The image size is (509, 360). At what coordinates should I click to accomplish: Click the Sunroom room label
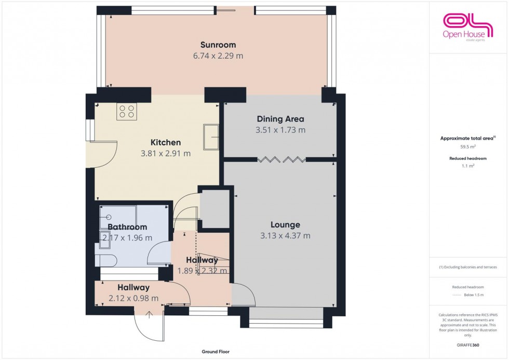(x=218, y=45)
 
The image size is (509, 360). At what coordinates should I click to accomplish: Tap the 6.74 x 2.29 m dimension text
(x=218, y=56)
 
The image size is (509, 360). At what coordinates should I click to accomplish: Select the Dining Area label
(x=280, y=119)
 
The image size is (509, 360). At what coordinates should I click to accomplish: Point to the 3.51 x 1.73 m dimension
(x=280, y=130)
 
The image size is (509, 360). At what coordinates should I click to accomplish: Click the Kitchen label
(x=166, y=142)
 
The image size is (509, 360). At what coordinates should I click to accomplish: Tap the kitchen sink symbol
(x=211, y=137)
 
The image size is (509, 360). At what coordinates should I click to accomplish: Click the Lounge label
(x=285, y=225)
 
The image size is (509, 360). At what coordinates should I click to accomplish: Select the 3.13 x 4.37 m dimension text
(x=285, y=236)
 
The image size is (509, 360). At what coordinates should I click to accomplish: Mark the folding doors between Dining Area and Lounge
(x=281, y=158)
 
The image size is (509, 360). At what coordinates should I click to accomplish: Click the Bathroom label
(x=127, y=227)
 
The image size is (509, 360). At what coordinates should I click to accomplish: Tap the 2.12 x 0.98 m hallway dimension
(x=133, y=298)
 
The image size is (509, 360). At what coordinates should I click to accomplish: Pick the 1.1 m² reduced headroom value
(x=468, y=166)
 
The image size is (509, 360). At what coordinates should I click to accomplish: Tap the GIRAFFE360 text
(x=468, y=345)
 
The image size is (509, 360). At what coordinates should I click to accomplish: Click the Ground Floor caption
(x=216, y=352)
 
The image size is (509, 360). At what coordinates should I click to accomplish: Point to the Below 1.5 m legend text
(x=474, y=295)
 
